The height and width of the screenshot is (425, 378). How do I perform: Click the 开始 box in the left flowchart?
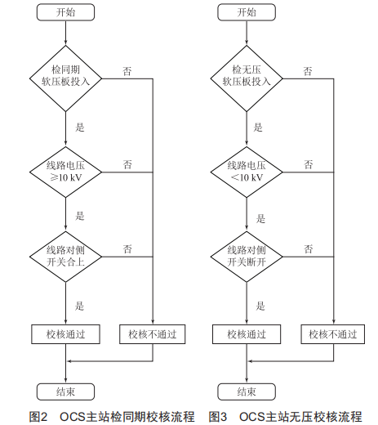[65, 12]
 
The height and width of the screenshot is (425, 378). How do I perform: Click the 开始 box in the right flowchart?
[247, 12]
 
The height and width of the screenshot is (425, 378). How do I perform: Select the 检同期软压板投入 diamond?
[65, 78]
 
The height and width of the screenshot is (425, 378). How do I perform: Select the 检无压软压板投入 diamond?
[247, 78]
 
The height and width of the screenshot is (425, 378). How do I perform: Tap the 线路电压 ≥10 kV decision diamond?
[65, 172]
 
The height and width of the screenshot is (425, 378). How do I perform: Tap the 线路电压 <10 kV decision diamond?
[247, 172]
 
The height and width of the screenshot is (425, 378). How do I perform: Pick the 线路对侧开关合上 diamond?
[65, 257]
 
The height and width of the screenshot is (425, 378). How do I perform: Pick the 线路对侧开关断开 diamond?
[247, 257]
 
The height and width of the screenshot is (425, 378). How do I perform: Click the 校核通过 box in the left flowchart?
[65, 334]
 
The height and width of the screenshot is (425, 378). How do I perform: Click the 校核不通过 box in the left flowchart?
[153, 334]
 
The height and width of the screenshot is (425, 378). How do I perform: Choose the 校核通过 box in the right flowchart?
[247, 334]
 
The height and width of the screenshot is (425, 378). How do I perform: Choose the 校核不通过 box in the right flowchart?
[333, 334]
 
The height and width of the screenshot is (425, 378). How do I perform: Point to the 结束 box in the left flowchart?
[65, 391]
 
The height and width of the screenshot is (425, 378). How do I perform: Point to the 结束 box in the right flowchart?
[247, 391]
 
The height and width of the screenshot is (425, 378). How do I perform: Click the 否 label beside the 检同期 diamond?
[127, 71]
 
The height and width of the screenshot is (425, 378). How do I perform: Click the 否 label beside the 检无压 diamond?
[308, 71]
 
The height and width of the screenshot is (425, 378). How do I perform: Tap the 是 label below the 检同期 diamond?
[80, 127]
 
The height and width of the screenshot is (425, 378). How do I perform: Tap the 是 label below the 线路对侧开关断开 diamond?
[260, 306]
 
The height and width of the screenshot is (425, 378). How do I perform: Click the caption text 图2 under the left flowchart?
[38, 417]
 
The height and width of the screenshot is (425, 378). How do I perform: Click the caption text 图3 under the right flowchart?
[218, 417]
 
